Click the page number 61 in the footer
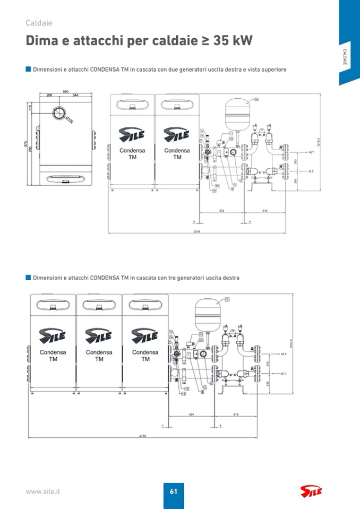coord(173,491)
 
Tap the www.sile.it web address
coord(43,491)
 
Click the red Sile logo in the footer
coord(311,491)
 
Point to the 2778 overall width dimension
coord(142,436)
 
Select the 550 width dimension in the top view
coord(65,91)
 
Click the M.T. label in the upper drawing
coord(312,152)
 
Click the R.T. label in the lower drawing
coord(284,373)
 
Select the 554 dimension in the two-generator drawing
coord(222,211)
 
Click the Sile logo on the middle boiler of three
coord(99,335)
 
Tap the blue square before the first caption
coord(28,69)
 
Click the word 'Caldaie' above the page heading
coord(39,23)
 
